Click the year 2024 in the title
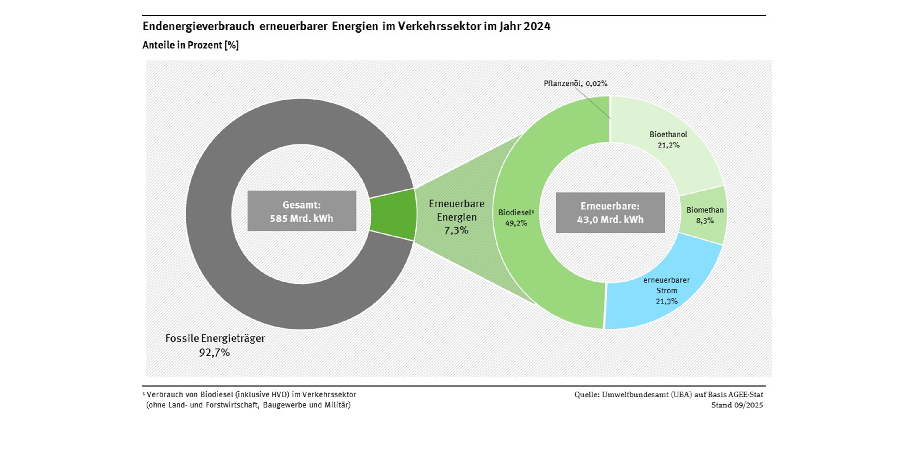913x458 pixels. tap(537, 26)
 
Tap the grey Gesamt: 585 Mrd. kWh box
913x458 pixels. tap(302, 211)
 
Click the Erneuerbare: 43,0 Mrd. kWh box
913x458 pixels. tap(610, 213)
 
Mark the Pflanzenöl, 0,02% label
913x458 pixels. tap(575, 84)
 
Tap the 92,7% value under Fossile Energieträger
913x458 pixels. tap(214, 353)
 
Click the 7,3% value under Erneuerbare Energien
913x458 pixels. tap(456, 230)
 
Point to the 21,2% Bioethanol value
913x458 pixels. tap(668, 145)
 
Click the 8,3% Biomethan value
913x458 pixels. tap(705, 221)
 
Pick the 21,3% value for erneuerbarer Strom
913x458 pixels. tap(666, 301)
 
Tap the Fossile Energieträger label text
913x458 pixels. tap(215, 338)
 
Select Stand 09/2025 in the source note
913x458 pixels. tap(737, 405)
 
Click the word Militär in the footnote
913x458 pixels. tap(337, 405)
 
